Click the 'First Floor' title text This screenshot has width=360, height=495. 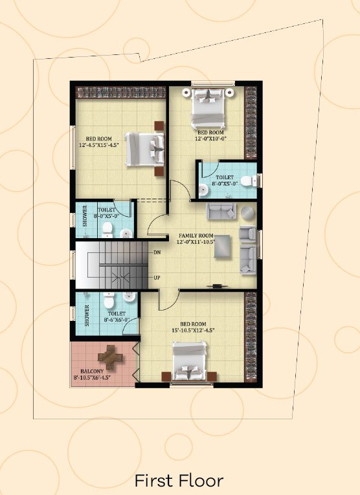click(x=179, y=481)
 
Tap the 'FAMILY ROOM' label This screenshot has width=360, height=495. click(x=196, y=236)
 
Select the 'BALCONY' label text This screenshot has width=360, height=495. click(x=92, y=371)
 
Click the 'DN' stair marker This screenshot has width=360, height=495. click(x=157, y=252)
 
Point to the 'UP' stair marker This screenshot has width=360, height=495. click(x=157, y=278)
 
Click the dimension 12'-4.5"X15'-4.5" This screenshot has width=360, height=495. click(x=99, y=145)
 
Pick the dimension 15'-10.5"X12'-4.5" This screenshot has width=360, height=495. click(x=193, y=330)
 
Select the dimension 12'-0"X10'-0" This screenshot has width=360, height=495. click(x=210, y=138)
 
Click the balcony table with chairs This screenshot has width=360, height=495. click(x=110, y=357)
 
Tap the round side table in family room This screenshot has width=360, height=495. click(x=248, y=214)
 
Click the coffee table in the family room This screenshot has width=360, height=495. click(x=222, y=247)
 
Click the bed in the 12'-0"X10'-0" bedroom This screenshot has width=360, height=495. click(x=208, y=107)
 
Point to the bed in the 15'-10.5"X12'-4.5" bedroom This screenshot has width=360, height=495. click(x=190, y=361)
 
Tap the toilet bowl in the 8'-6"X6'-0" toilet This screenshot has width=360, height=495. click(x=109, y=300)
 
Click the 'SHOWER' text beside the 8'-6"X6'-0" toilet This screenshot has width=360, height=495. click(x=87, y=315)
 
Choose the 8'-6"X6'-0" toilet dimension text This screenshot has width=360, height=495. click(x=117, y=320)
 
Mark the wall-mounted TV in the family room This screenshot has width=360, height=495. click(x=218, y=287)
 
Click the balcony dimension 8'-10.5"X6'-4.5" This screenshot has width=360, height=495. click(x=92, y=378)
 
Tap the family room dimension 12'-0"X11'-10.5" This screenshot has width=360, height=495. click(x=196, y=242)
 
